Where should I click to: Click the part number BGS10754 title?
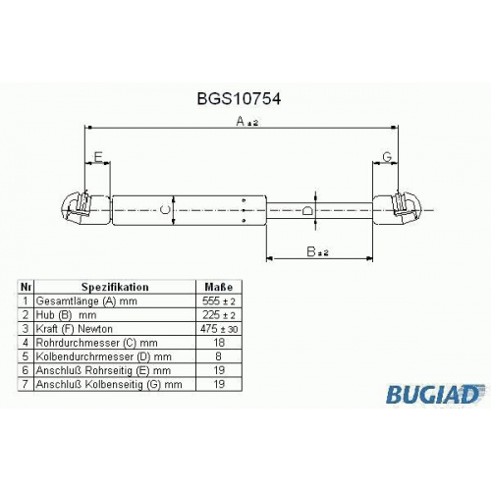point(239,98)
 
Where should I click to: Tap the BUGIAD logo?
point(435,394)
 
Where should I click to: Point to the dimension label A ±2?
point(247,122)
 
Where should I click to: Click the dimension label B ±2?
point(317,251)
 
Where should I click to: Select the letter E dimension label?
point(98,157)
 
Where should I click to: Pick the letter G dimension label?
point(387,157)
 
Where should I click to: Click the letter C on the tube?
point(165,210)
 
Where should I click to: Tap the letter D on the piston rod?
point(307,211)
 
